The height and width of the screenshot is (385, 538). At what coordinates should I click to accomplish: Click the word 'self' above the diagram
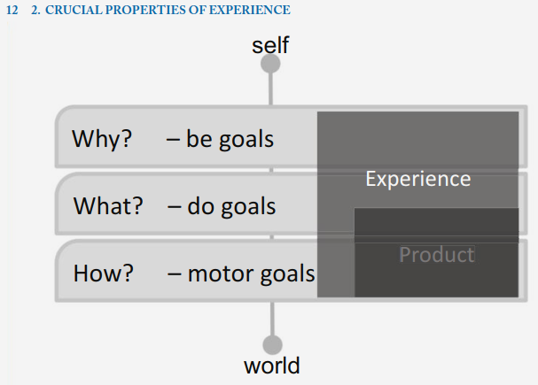[270, 45]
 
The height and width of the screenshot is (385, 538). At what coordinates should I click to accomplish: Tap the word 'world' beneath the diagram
[272, 366]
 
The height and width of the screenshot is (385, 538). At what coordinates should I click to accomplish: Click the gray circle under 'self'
[270, 64]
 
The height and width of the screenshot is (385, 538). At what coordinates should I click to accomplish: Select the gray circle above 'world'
[272, 344]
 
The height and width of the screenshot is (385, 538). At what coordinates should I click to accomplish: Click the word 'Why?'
[102, 139]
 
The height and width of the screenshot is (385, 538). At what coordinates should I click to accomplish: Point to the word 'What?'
[108, 206]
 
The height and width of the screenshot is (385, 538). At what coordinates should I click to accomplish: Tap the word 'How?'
[104, 273]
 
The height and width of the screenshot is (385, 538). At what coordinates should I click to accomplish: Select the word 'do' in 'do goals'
[200, 206]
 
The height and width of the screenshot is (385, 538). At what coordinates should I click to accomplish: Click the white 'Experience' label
[418, 179]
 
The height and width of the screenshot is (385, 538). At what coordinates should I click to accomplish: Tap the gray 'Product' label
[437, 255]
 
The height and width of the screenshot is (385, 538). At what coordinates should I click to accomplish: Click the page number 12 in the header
[12, 11]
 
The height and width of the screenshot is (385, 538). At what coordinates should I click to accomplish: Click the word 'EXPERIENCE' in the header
[249, 10]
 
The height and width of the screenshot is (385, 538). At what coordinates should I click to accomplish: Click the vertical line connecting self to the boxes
[270, 89]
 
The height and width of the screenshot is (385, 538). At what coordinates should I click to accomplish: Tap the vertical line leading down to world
[272, 319]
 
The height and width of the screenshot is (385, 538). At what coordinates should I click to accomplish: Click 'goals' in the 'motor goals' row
[287, 274]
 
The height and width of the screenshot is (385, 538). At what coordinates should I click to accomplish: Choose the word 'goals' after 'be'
[246, 140]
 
